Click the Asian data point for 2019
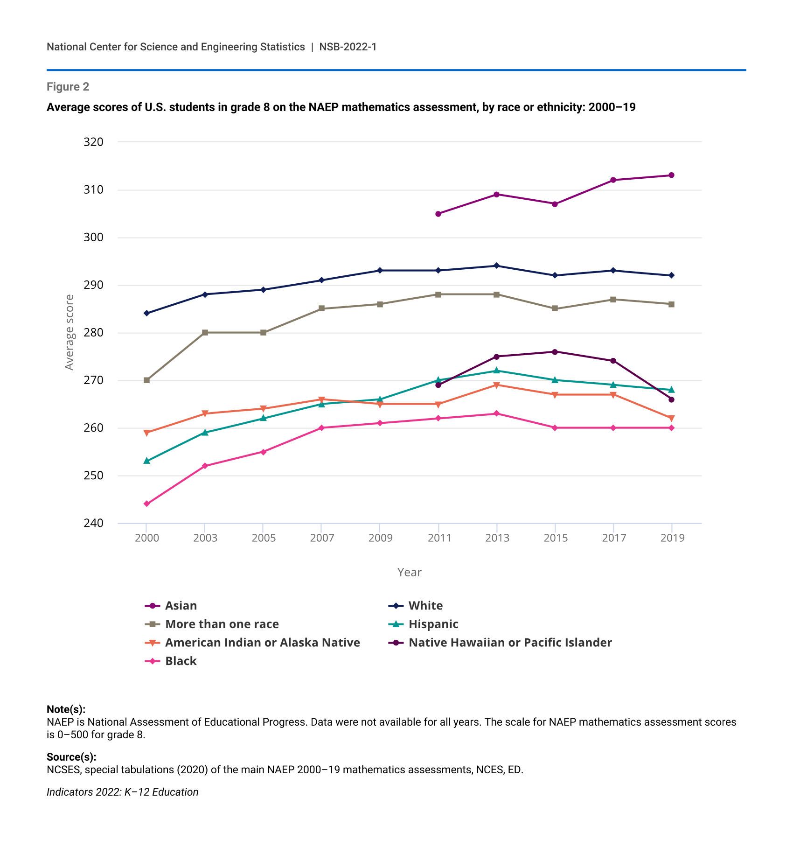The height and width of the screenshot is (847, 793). [x=671, y=175]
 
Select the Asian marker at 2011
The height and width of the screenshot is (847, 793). [x=438, y=214]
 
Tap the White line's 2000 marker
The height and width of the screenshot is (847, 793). [x=146, y=313]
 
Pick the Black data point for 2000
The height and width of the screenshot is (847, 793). [x=146, y=504]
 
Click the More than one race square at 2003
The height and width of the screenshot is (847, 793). [x=205, y=333]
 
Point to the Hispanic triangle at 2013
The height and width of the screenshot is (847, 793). [x=496, y=371]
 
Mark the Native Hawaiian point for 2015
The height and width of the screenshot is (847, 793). [x=555, y=352]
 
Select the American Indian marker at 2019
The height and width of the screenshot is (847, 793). [x=671, y=418]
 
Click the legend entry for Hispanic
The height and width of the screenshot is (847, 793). [x=433, y=624]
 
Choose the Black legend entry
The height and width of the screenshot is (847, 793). [x=181, y=661]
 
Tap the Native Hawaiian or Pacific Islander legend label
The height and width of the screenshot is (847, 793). [x=510, y=643]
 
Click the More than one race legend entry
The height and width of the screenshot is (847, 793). [x=222, y=624]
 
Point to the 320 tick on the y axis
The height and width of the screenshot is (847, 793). [x=93, y=142]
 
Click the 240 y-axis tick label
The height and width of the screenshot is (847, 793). [x=93, y=523]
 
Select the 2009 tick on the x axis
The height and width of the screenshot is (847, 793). [x=380, y=538]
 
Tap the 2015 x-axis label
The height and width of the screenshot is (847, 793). [x=555, y=538]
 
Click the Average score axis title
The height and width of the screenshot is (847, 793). [x=70, y=332]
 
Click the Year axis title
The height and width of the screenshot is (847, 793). [x=409, y=572]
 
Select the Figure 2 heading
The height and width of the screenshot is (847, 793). [x=68, y=87]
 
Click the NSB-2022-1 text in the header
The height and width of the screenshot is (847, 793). [x=348, y=47]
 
